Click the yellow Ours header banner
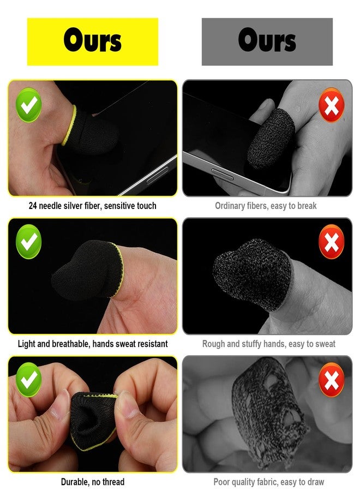tap(93, 41)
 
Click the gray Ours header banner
tap(267, 41)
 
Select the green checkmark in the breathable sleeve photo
tap(28, 242)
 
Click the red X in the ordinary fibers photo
tap(331, 104)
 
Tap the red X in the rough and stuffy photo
tap(331, 242)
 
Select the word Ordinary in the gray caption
tap(232, 206)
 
